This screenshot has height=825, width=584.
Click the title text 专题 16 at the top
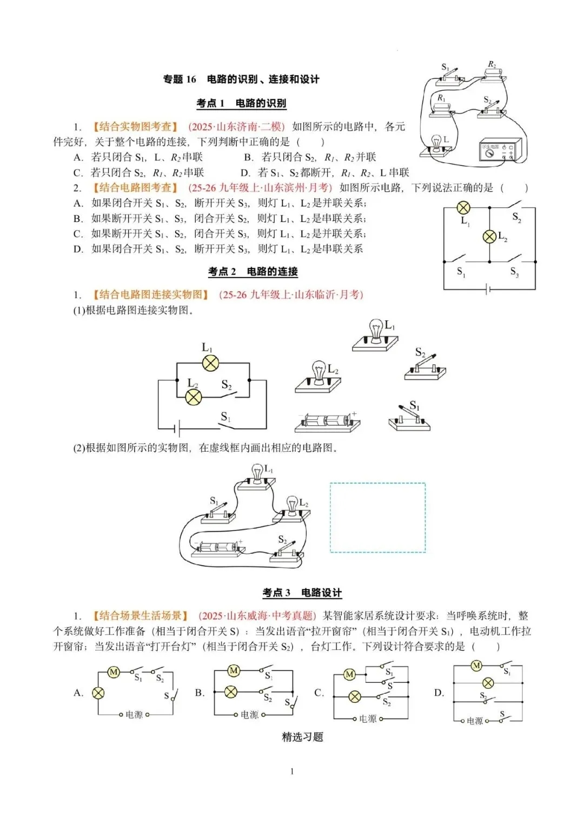[180, 79]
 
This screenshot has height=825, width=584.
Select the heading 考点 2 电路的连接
[253, 271]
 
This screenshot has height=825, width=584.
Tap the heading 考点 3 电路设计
[302, 593]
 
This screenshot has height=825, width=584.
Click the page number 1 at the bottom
[292, 772]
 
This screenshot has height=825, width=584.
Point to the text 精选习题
[302, 737]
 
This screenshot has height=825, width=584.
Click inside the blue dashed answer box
[377, 518]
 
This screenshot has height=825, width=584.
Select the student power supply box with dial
[500, 150]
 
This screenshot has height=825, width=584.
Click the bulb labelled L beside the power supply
[436, 144]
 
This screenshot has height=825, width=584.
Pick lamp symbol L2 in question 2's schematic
[489, 236]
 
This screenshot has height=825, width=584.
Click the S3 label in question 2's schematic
[514, 272]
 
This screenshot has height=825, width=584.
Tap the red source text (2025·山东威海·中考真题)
[257, 616]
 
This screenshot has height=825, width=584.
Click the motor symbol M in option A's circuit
[114, 672]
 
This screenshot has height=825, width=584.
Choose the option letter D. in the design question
[439, 693]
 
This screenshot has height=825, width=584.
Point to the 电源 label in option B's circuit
[249, 715]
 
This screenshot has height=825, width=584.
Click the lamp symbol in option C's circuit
[355, 696]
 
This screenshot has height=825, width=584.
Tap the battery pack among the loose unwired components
[327, 422]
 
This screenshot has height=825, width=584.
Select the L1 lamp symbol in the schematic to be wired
[210, 363]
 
